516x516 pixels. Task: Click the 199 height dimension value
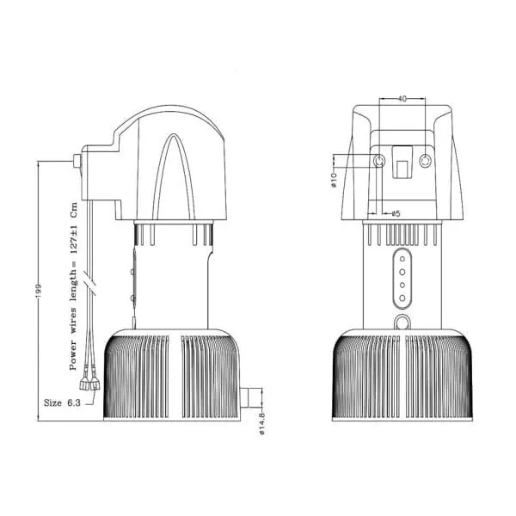pos(39,291)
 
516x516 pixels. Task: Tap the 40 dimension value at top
pos(402,98)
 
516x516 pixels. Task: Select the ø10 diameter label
pos(334,180)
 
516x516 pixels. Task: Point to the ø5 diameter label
pos(396,213)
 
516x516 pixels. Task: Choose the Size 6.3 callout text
pos(62,402)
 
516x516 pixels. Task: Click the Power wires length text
pos(73,286)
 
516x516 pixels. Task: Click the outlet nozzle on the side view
pos(249,398)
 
